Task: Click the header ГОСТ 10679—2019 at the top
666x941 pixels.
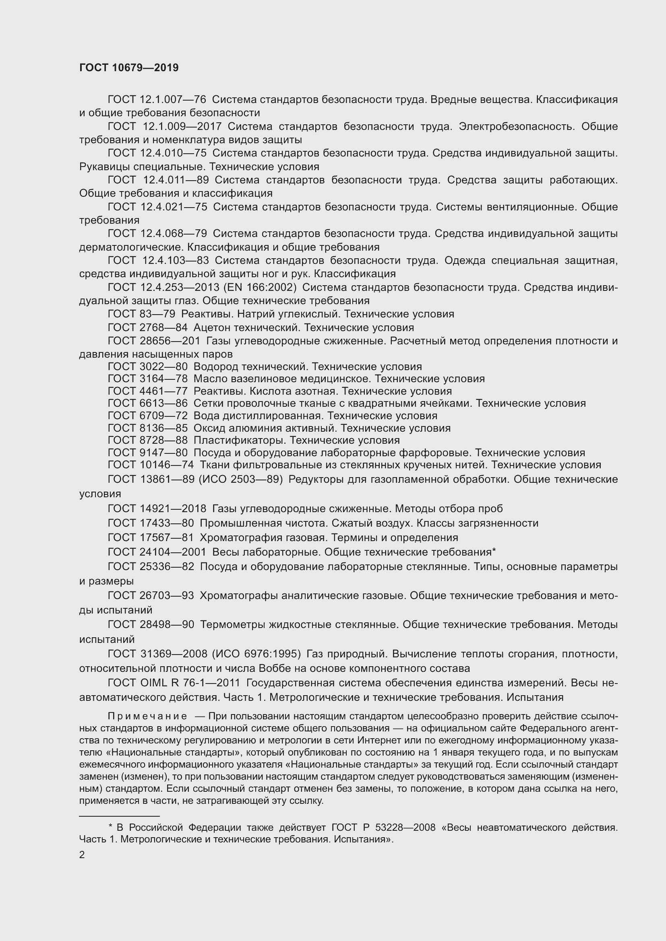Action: [129, 68]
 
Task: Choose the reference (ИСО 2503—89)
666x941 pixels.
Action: [241, 480]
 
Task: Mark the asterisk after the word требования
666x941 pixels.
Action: [494, 551]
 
